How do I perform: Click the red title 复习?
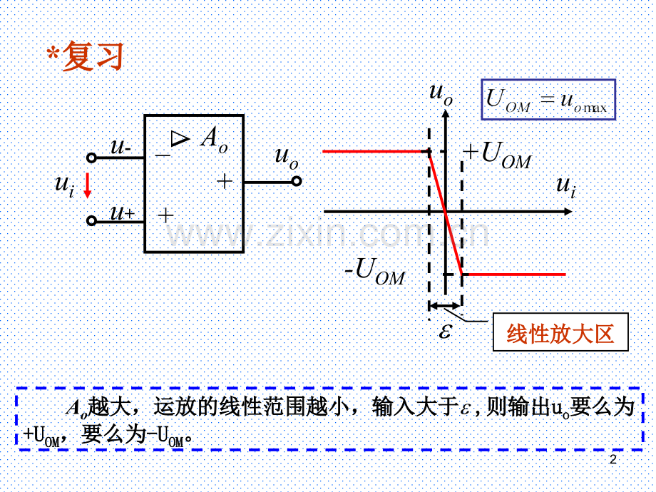pyautogui.click(x=93, y=56)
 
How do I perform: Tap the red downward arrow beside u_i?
pyautogui.click(x=88, y=185)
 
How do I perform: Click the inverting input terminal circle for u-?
pyautogui.click(x=91, y=158)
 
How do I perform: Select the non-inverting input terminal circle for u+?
pyautogui.click(x=91, y=220)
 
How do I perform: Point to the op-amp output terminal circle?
pyautogui.click(x=297, y=182)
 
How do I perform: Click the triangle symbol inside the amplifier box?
pyautogui.click(x=180, y=138)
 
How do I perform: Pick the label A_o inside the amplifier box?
pyautogui.click(x=214, y=139)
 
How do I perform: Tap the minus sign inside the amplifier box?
pyautogui.click(x=163, y=155)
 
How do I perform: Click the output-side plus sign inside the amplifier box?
pyautogui.click(x=225, y=181)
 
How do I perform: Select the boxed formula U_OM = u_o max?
pyautogui.click(x=548, y=100)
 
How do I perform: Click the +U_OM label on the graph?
pyautogui.click(x=498, y=155)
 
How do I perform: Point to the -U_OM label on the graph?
pyautogui.click(x=375, y=271)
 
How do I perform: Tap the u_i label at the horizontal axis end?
pyautogui.click(x=566, y=187)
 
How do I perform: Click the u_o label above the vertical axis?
pyautogui.click(x=441, y=93)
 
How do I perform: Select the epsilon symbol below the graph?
pyautogui.click(x=445, y=331)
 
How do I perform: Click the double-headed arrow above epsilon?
pyautogui.click(x=445, y=306)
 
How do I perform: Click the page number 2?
pyautogui.click(x=613, y=460)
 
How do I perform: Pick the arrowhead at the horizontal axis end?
pyautogui.click(x=568, y=212)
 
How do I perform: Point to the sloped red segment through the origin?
pyautogui.click(x=446, y=212)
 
